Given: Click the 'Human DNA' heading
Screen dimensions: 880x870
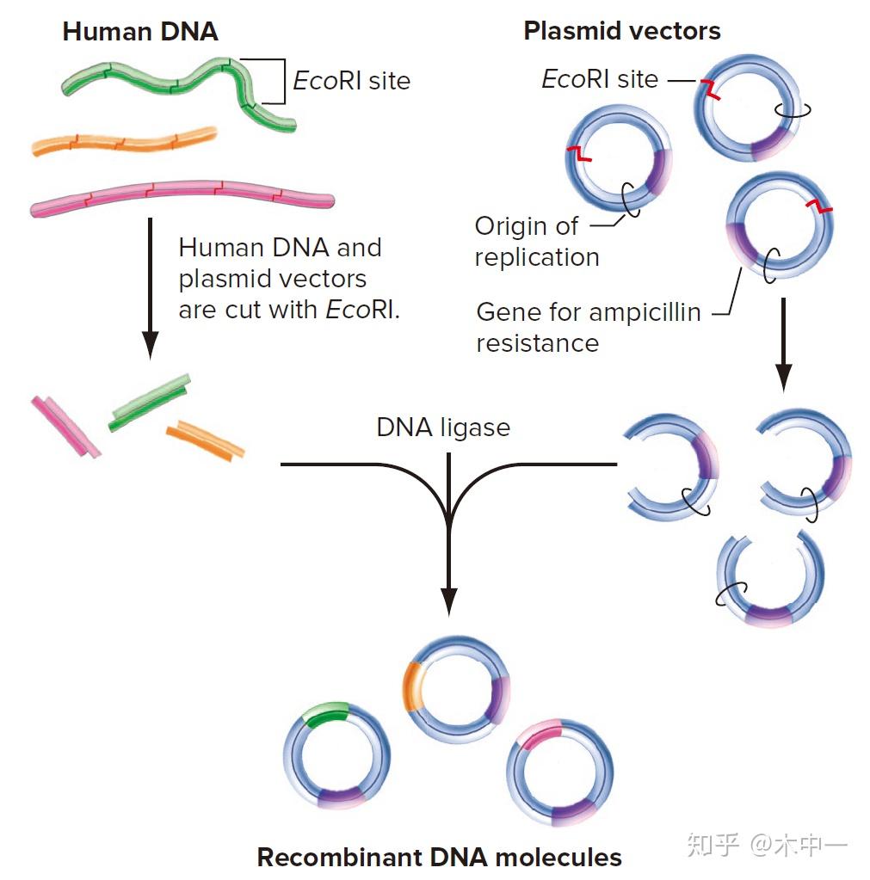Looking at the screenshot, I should click(x=140, y=33).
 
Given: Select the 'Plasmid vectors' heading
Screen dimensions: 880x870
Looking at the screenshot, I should click(x=621, y=32).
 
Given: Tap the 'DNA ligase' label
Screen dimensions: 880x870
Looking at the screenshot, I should click(x=442, y=428).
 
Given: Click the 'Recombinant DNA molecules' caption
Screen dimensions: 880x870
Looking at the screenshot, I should click(x=439, y=857).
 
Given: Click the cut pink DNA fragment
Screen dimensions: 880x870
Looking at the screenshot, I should click(x=65, y=426).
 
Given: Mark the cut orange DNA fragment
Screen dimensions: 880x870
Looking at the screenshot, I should click(x=205, y=440).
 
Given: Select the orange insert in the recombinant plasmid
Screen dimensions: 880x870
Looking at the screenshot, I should click(x=414, y=686).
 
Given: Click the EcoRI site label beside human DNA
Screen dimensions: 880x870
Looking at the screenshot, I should click(x=351, y=81).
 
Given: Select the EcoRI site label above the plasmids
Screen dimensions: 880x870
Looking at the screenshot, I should click(x=599, y=79).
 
